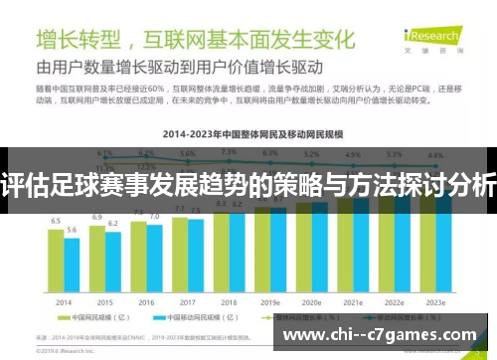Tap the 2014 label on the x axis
(64, 302)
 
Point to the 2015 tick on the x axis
(104, 302)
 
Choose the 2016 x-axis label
(146, 302)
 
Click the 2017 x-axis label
(187, 302)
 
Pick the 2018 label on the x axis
(229, 302)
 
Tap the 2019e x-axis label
(270, 302)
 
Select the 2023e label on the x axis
(434, 302)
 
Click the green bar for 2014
(57, 261)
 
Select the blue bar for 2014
(72, 266)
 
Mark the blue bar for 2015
(112, 262)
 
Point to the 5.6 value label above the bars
(72, 230)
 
